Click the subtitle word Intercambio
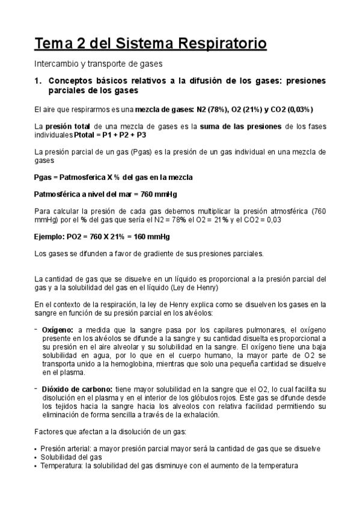coord(55,63)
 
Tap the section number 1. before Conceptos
coord(37,80)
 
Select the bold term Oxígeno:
coord(58,330)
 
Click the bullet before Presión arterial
coord(35,449)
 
